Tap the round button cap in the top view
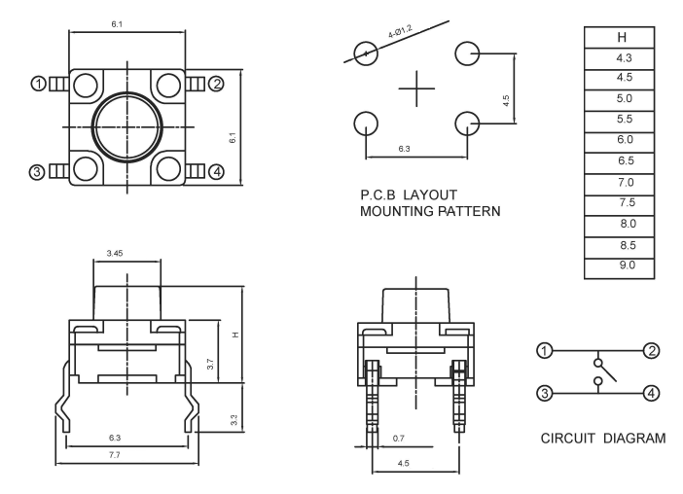(127, 126)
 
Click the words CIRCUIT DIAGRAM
(603, 439)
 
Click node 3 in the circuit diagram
(546, 393)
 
